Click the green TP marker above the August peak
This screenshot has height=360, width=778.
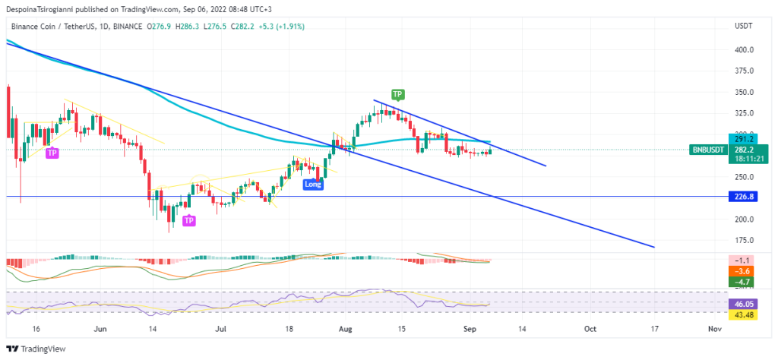click(x=397, y=94)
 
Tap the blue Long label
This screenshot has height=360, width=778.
click(x=312, y=184)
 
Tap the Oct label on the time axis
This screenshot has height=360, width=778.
click(x=590, y=330)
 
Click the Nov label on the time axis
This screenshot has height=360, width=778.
click(x=713, y=330)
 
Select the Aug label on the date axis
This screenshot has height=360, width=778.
click(x=346, y=330)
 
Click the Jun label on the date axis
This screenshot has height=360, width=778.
click(x=99, y=330)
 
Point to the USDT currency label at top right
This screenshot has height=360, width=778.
click(x=743, y=26)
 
